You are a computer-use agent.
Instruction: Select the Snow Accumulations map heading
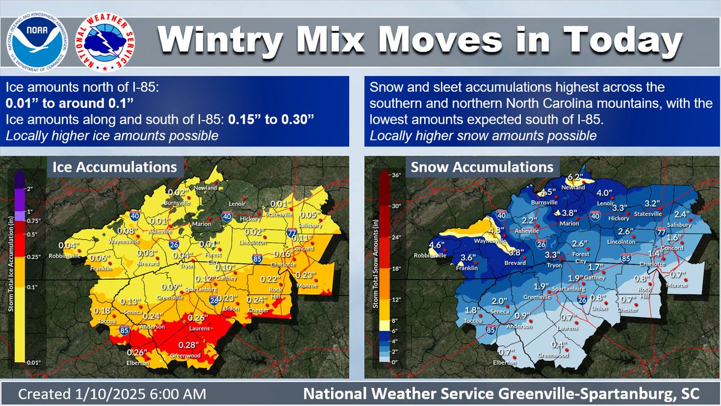tap(481, 166)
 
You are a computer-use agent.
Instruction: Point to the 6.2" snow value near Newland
tap(576, 177)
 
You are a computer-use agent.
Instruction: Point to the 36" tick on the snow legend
tap(397, 176)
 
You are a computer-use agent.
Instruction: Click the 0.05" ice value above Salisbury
tap(309, 214)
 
